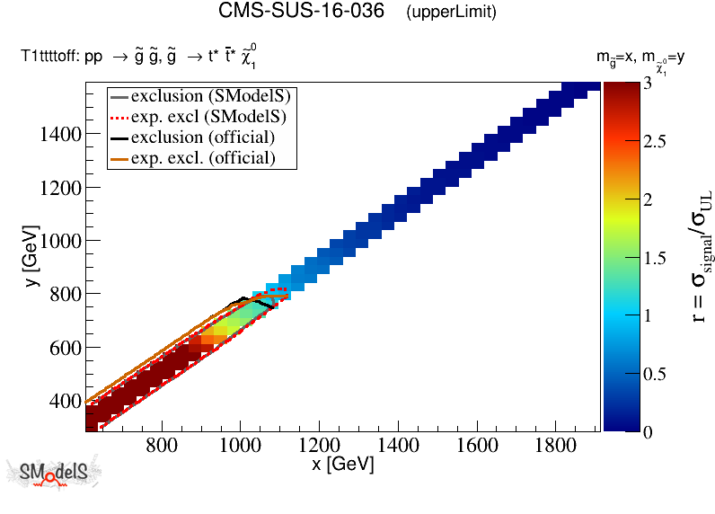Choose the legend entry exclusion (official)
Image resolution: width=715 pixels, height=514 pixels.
pos(202,137)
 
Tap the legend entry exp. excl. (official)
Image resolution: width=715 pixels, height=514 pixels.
pos(202,158)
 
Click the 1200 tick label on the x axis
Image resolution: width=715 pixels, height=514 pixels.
pos(318,445)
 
